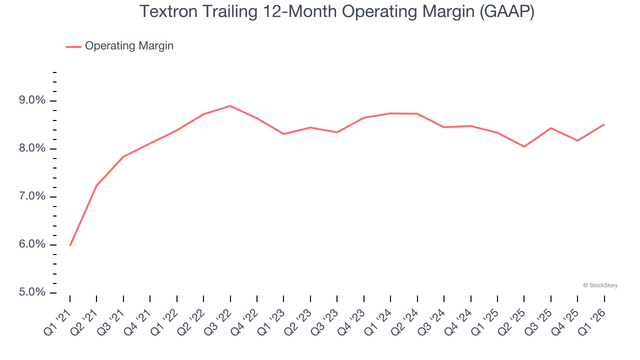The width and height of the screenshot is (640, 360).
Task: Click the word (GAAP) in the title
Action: (x=506, y=12)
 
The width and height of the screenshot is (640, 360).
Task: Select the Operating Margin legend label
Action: (x=129, y=46)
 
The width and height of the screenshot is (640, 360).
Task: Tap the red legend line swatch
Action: (x=73, y=46)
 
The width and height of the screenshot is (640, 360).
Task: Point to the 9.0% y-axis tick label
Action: (x=32, y=100)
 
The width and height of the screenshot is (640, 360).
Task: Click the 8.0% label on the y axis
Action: (x=32, y=148)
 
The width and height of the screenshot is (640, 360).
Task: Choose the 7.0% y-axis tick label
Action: (x=32, y=196)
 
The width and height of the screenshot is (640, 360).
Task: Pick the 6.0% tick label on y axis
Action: (x=32, y=244)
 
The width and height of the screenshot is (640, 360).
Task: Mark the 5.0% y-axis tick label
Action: (x=32, y=292)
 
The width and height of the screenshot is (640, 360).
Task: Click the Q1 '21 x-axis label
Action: (x=59, y=320)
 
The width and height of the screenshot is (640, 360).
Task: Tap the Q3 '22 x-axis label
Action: (x=219, y=320)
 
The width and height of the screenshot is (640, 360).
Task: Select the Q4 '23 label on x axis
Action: (x=353, y=320)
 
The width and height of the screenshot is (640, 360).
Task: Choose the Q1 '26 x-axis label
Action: (x=593, y=320)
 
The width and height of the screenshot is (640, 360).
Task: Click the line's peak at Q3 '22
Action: (x=230, y=106)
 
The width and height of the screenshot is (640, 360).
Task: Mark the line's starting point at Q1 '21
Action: (x=70, y=245)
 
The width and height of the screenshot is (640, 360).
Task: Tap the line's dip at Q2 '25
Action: (x=524, y=146)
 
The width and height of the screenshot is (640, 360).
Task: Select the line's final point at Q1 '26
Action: (x=604, y=124)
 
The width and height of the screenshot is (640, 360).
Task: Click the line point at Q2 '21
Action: (x=96, y=185)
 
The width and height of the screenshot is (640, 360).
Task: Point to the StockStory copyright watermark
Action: (x=600, y=285)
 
